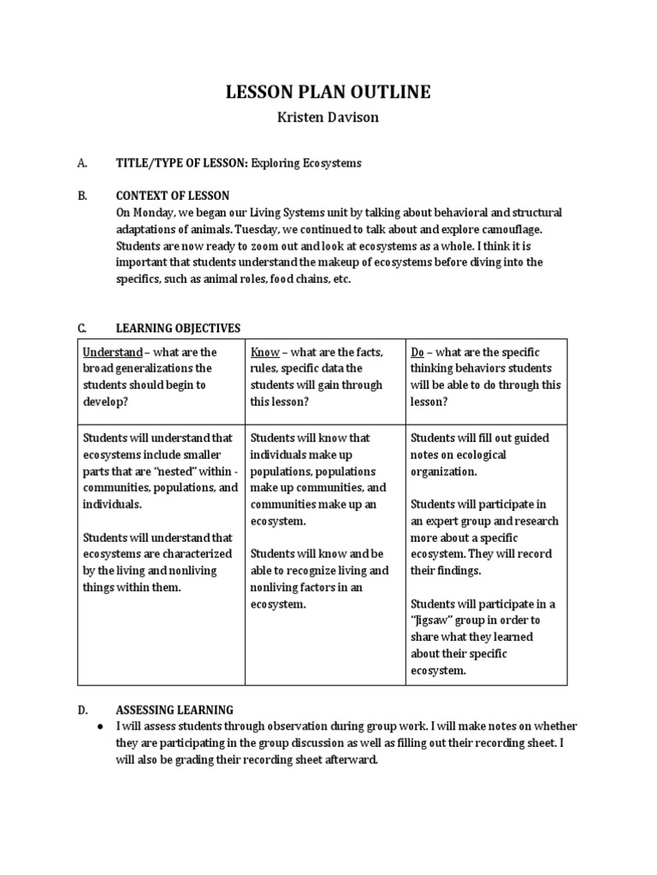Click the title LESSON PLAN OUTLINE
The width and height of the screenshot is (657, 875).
[x=328, y=92]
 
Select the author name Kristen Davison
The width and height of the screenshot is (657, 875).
[x=328, y=118]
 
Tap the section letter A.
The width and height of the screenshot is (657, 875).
[x=82, y=162]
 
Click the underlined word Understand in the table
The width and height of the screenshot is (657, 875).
[x=112, y=352]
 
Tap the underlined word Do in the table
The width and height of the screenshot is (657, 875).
[x=418, y=352]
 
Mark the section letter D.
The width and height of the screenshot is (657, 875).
[x=82, y=710]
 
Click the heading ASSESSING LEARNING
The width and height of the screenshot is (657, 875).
[x=175, y=710]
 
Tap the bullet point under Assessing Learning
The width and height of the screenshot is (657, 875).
[x=101, y=726]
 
